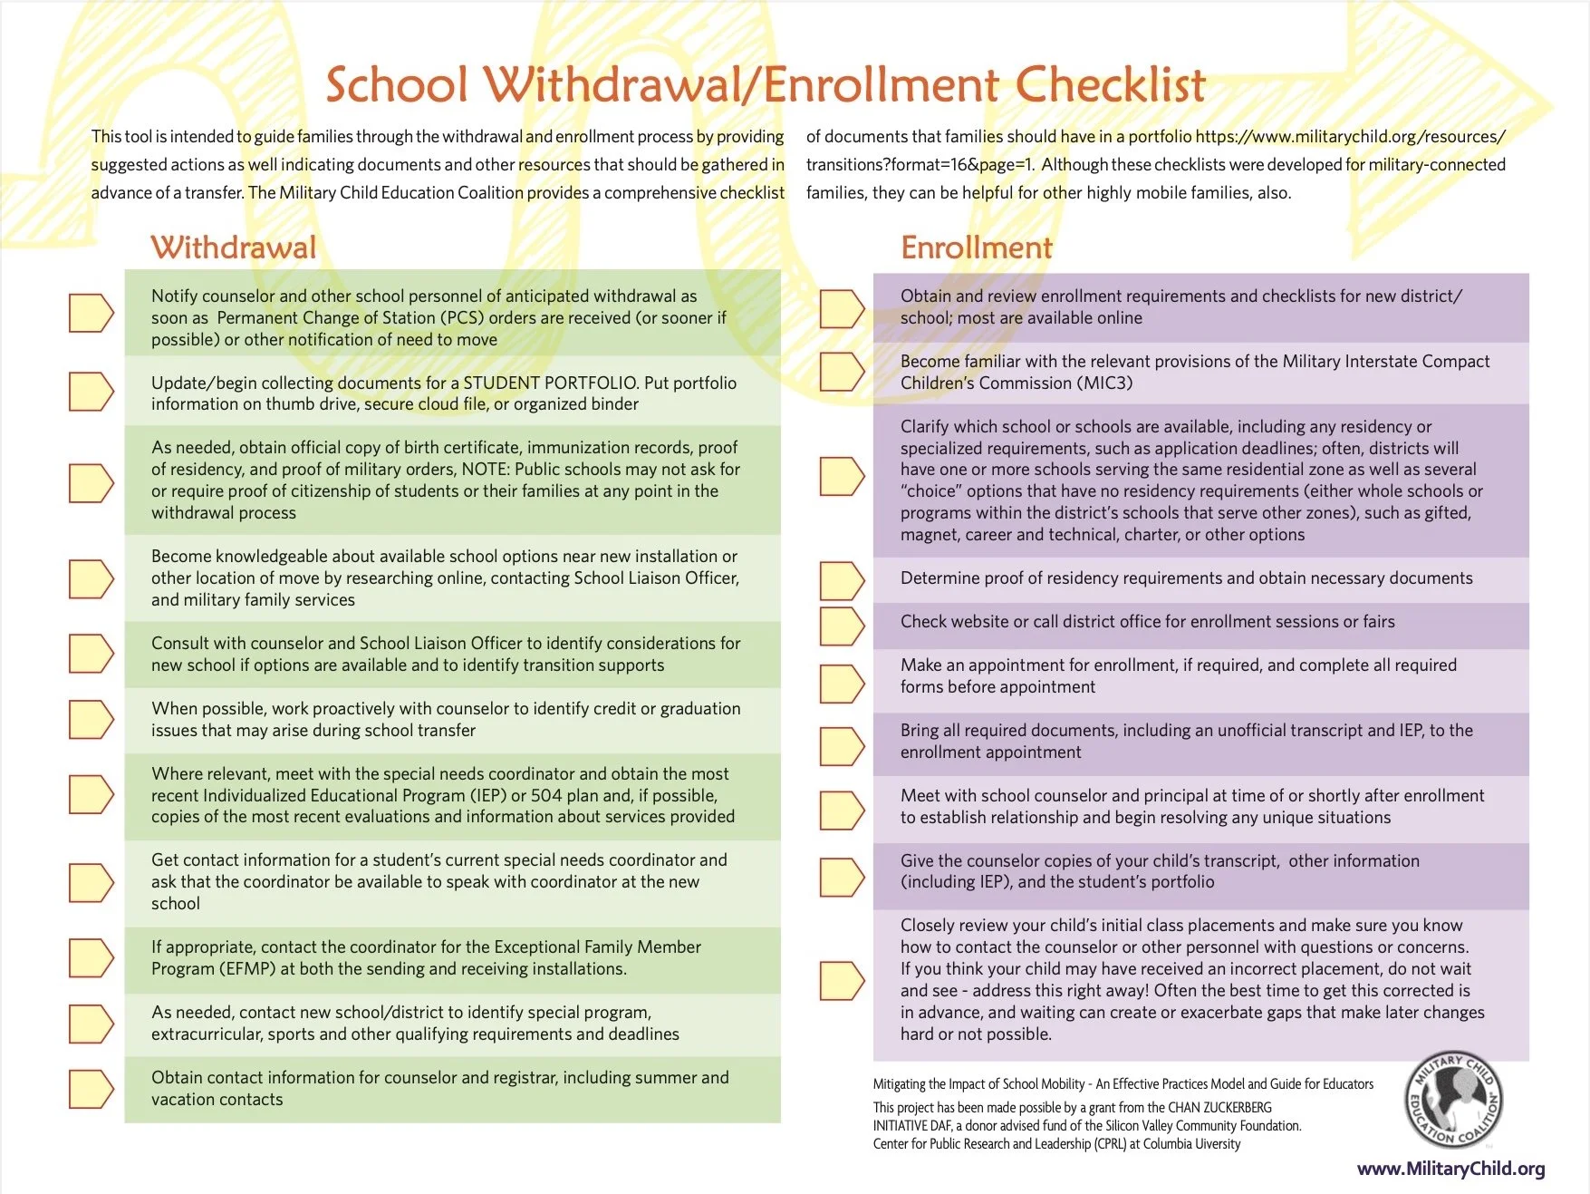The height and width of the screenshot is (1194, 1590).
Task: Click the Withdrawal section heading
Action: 233,248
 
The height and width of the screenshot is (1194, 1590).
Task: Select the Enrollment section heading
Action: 976,248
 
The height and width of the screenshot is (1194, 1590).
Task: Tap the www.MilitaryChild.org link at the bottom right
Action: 1450,1169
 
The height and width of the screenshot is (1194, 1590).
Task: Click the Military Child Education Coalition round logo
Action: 1453,1101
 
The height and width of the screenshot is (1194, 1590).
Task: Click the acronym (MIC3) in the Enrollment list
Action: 1104,383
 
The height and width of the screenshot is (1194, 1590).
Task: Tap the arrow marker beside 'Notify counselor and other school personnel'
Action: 92,313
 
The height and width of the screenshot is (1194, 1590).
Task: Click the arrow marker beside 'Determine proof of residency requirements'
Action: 842,581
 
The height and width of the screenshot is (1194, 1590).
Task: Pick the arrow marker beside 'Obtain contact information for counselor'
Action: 92,1089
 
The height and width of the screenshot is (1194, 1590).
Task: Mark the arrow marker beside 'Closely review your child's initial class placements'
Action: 842,980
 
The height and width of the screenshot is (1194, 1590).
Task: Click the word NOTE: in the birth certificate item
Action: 486,469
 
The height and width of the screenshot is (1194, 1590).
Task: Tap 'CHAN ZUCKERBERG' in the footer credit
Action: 1219,1107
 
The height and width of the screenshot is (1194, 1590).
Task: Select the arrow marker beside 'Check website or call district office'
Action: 842,626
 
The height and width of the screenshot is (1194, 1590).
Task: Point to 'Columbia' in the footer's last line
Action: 1167,1144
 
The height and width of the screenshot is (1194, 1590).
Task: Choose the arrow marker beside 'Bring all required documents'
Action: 842,745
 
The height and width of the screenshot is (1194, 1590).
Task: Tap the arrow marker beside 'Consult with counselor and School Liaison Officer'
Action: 92,654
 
